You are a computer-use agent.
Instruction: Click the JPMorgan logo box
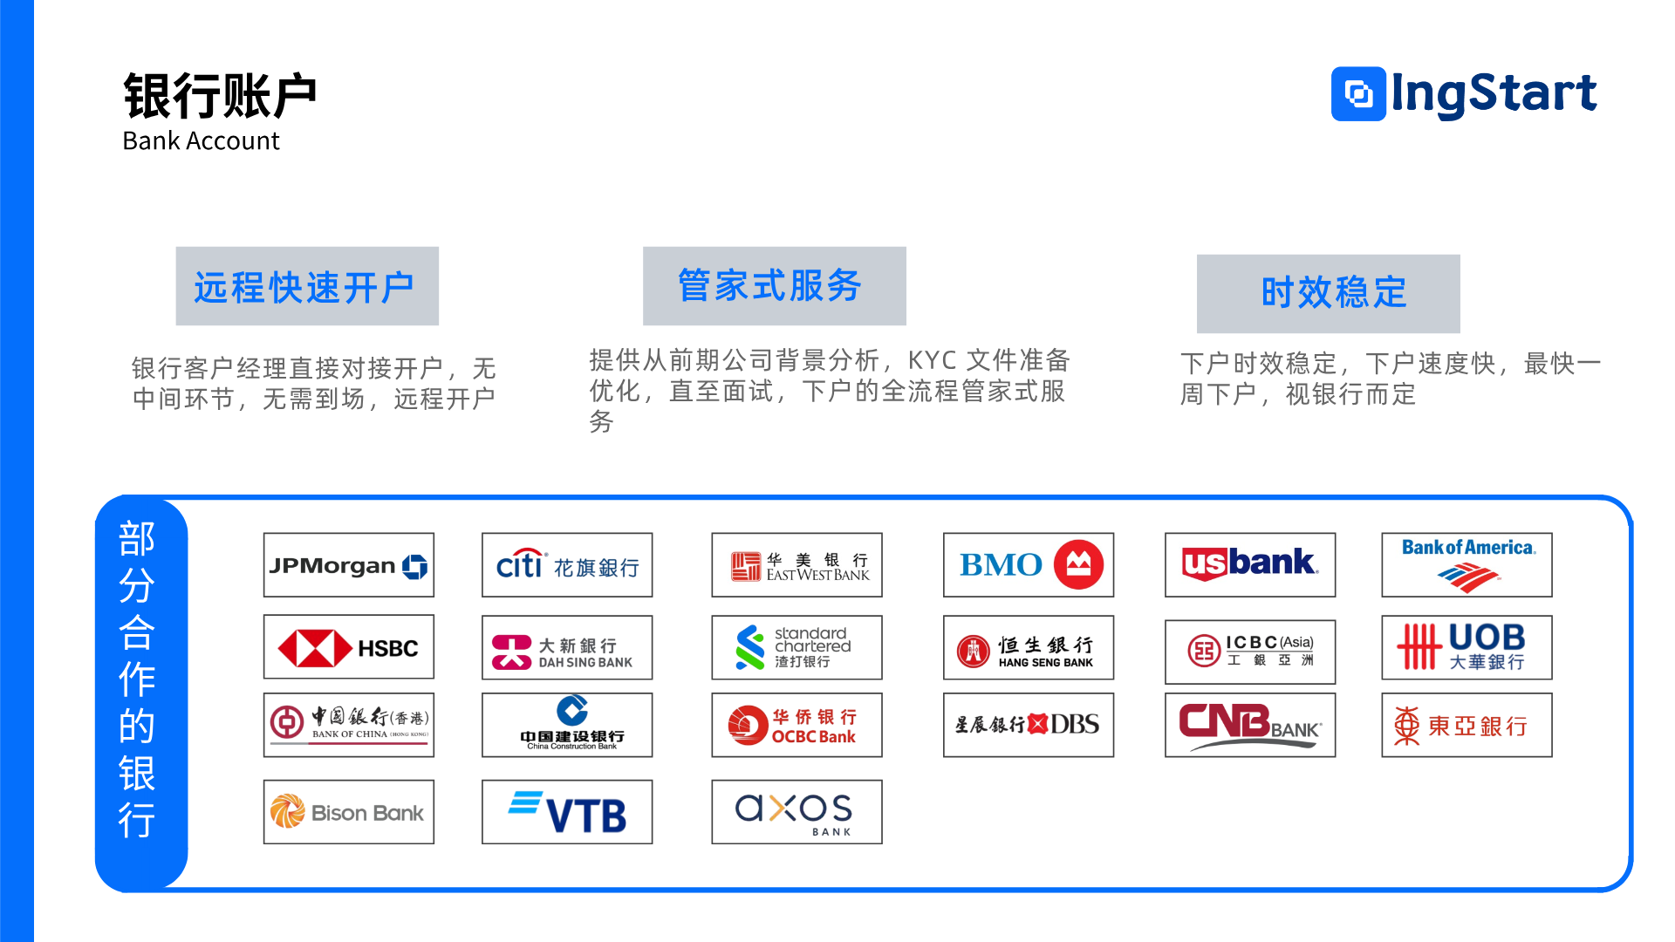(x=348, y=565)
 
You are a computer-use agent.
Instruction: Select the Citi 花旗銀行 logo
(x=567, y=565)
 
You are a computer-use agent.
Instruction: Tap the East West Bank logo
(x=796, y=565)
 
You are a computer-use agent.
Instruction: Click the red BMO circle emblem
(x=1078, y=564)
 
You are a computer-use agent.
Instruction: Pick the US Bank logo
(x=1249, y=565)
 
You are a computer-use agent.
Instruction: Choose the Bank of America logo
(x=1466, y=565)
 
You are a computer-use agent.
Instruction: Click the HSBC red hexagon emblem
(x=313, y=648)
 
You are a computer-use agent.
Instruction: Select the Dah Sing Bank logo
(x=567, y=648)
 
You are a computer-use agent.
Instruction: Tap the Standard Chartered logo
(x=796, y=648)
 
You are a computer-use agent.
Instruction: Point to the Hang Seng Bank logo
(x=1028, y=648)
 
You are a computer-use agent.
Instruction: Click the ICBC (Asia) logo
(x=1249, y=651)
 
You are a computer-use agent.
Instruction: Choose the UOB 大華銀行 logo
(x=1466, y=648)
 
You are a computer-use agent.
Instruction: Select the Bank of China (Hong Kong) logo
(x=348, y=725)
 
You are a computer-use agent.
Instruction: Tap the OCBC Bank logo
(x=796, y=725)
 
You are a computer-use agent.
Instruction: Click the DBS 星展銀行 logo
(x=1028, y=725)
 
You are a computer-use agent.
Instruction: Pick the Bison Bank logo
(x=348, y=812)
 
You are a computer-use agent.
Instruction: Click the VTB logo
(x=567, y=812)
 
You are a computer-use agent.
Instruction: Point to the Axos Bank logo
(x=796, y=812)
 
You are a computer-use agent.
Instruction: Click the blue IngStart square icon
(x=1358, y=93)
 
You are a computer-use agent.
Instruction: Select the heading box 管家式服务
(x=774, y=286)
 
